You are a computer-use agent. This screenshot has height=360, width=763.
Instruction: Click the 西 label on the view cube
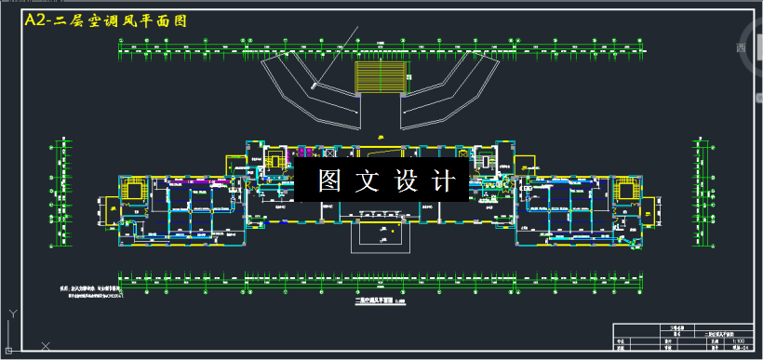click(742, 49)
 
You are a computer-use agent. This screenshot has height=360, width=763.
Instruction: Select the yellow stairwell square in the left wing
click(135, 191)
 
